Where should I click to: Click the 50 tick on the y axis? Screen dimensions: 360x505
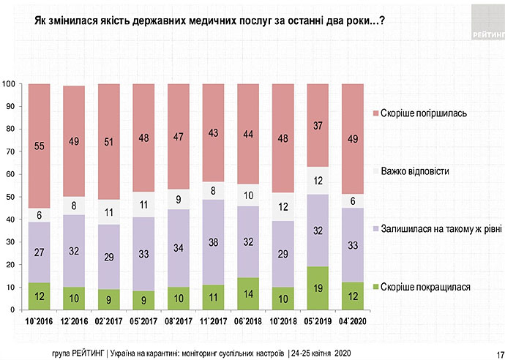point(10,197)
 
